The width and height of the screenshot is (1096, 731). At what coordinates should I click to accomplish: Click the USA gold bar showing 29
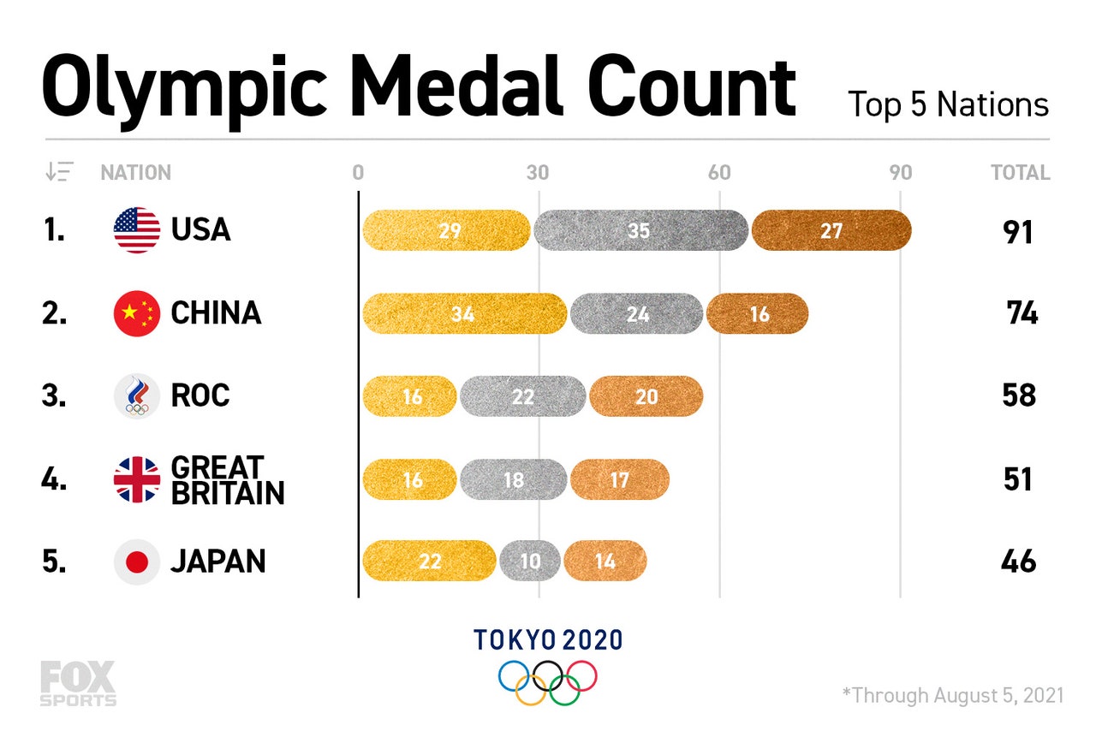tap(446, 230)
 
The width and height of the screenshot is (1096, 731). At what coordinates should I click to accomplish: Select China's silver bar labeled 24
tap(636, 313)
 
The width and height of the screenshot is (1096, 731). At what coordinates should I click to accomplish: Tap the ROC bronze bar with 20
tap(646, 396)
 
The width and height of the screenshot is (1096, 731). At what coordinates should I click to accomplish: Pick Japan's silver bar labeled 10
tap(530, 562)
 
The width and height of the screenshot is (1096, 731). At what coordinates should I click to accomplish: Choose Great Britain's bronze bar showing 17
tap(620, 479)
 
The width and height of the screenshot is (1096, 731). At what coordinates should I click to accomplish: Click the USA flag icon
tap(137, 230)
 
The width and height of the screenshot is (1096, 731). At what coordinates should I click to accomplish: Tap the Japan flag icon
tap(137, 562)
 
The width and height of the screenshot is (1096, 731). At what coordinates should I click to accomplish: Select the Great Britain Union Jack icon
tap(137, 479)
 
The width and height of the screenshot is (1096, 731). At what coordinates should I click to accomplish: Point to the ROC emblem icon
tap(137, 396)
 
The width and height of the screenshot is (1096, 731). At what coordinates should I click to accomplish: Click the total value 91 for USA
tap(1018, 232)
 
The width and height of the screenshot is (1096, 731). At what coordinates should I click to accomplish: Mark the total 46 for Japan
tap(1018, 562)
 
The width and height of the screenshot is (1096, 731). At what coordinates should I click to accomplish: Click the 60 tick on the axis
tap(719, 173)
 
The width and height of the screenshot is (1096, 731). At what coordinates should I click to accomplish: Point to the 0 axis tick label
tap(358, 173)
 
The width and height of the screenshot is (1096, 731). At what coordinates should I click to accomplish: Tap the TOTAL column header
tap(1020, 173)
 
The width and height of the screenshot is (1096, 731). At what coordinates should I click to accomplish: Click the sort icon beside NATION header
tap(60, 172)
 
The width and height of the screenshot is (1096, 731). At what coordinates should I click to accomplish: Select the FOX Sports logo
tap(77, 683)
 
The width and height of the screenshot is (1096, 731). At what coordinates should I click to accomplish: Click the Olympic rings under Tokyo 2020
tap(548, 682)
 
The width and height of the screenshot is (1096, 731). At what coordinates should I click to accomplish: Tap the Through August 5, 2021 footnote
tap(952, 693)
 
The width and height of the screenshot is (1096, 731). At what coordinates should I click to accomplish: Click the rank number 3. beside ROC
tap(53, 396)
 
